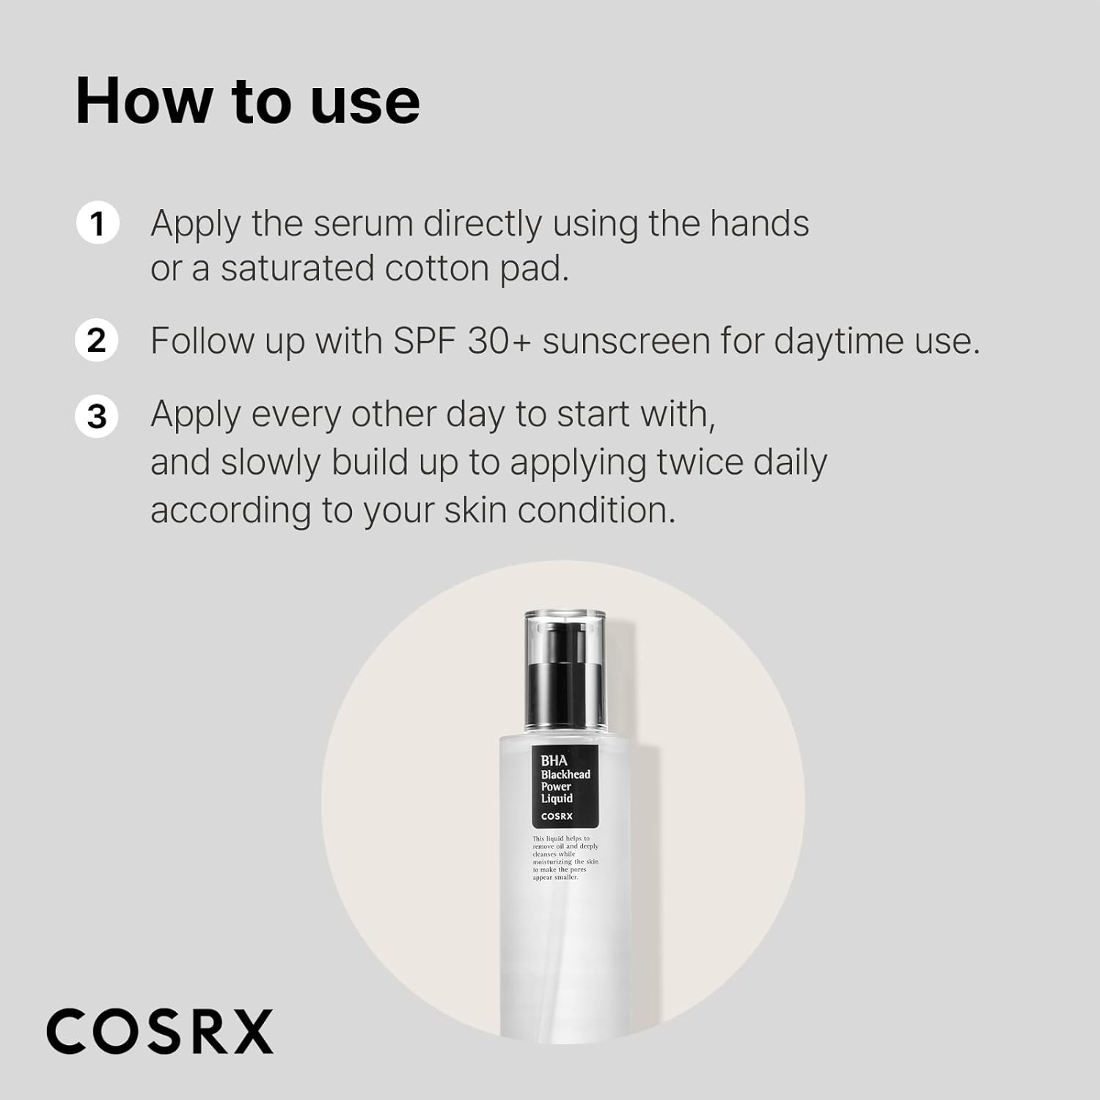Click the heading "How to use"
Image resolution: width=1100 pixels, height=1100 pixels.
(248, 101)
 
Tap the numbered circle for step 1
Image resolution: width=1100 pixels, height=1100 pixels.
(98, 223)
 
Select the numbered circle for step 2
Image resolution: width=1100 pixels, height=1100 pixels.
(97, 341)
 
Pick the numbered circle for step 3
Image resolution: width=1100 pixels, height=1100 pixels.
(97, 417)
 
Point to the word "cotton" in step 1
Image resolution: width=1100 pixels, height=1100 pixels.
(437, 269)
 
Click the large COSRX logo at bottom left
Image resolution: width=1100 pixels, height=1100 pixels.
(160, 1031)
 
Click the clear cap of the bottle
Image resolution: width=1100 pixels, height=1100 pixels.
(565, 669)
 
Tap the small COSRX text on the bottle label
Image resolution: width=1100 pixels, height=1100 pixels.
(557, 816)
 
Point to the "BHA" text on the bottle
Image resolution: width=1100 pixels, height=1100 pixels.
(554, 760)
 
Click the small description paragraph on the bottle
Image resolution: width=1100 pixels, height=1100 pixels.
(565, 857)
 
